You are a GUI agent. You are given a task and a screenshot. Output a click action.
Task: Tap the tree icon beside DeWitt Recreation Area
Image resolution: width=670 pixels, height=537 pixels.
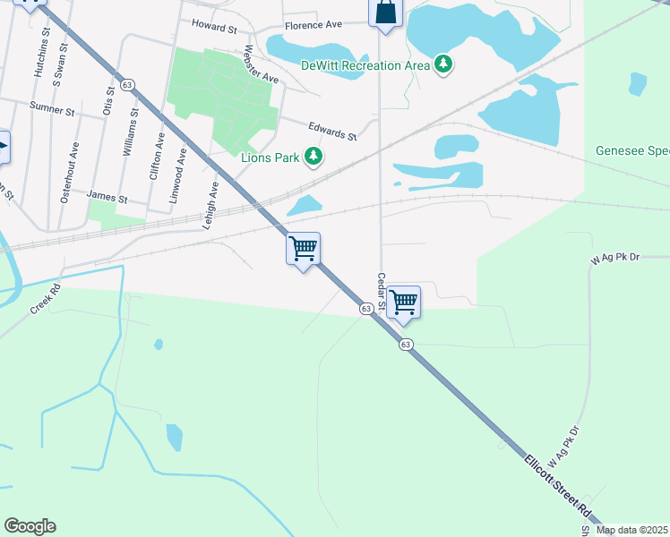tap(442, 64)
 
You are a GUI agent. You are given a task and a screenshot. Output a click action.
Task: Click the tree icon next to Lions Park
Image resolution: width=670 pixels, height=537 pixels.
tap(313, 158)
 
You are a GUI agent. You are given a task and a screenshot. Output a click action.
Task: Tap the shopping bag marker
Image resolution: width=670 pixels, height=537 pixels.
tap(385, 13)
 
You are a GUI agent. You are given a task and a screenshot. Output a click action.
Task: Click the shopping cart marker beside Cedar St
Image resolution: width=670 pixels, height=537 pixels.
tap(404, 302)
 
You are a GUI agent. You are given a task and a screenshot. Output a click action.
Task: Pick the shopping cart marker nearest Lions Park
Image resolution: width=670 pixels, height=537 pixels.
tap(304, 248)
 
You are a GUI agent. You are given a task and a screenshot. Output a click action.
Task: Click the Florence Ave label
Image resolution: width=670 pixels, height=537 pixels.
tap(314, 26)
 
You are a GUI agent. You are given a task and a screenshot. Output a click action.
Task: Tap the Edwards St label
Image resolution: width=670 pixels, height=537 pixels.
tap(332, 132)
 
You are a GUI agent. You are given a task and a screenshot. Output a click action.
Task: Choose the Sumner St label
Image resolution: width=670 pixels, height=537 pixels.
tap(52, 108)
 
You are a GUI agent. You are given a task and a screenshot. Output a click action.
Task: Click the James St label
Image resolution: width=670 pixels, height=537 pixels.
tap(107, 196)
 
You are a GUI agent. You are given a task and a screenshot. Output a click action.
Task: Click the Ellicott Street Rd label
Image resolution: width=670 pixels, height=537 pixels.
tap(560, 489)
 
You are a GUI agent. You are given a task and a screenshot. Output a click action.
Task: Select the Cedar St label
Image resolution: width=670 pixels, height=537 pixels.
tap(381, 293)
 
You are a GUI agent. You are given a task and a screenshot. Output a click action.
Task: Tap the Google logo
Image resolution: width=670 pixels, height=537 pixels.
tap(30, 526)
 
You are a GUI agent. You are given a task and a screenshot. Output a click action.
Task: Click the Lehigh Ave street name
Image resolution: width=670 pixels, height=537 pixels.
tap(213, 205)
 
